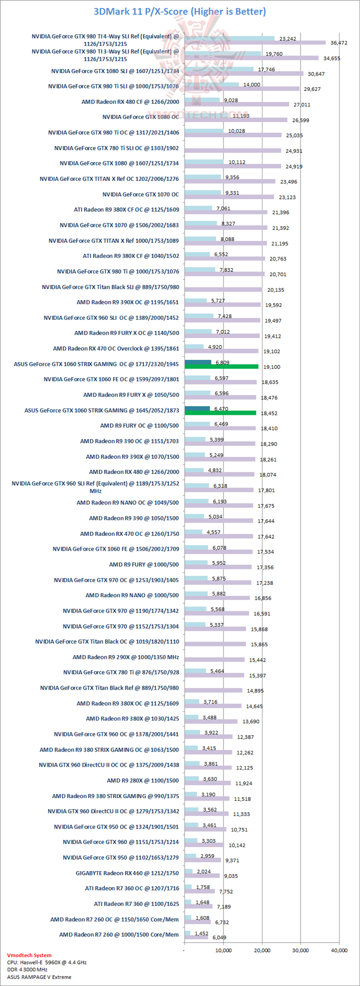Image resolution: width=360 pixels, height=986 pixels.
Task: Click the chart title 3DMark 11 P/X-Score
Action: [x=179, y=11]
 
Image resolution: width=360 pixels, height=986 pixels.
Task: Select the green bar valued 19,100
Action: [x=221, y=366]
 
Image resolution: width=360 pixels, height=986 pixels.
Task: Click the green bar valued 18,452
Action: [x=220, y=413]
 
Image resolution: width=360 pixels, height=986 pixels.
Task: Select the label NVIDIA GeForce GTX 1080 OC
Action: [x=140, y=117]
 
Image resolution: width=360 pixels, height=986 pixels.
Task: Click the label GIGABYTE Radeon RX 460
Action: [x=127, y=874]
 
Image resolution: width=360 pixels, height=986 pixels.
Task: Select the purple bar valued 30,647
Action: [x=243, y=73]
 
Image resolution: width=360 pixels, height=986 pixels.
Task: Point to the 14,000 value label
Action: [x=252, y=85]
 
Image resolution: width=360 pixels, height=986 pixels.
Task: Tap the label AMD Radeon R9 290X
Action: [x=125, y=657]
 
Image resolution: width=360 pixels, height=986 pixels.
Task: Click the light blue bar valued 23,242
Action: [x=229, y=37]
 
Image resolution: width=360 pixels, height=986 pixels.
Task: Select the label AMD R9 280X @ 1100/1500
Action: [x=142, y=781]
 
